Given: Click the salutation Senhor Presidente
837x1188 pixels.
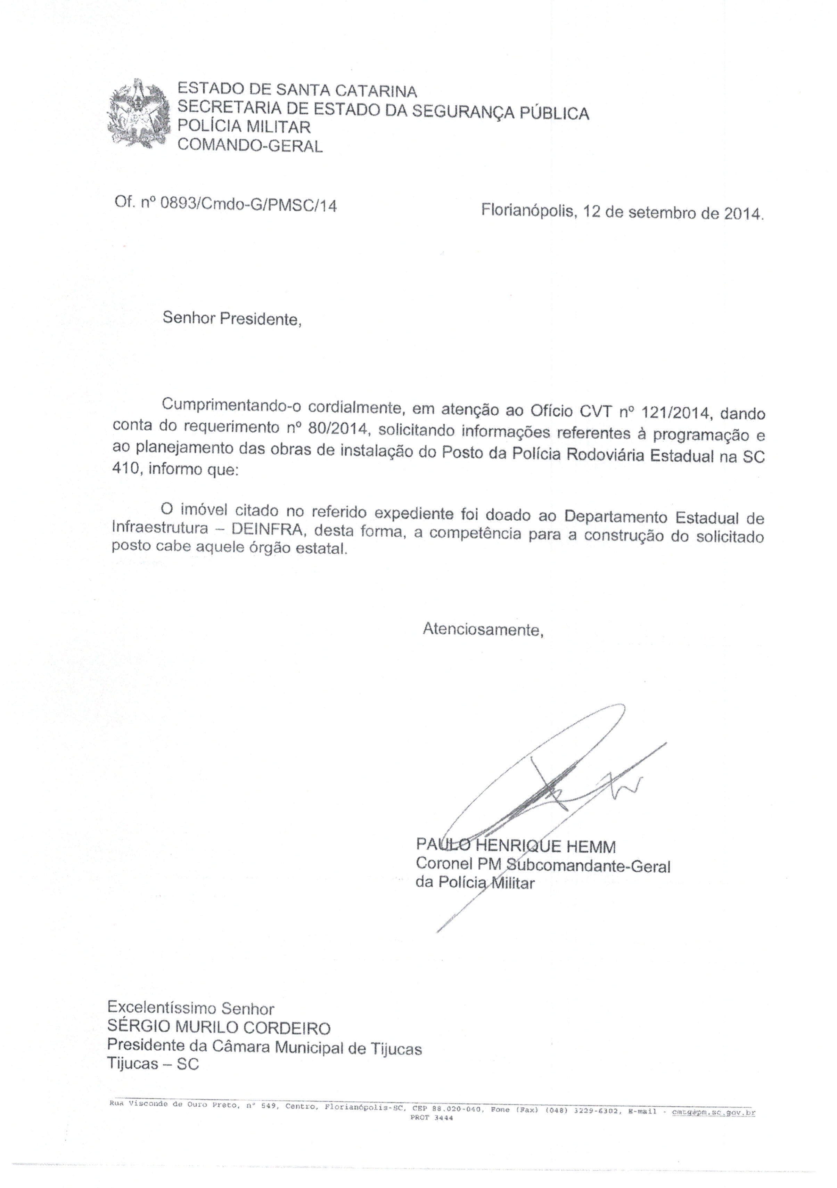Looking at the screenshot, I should (x=231, y=318).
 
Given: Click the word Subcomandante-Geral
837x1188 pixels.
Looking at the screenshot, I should (x=588, y=866).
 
